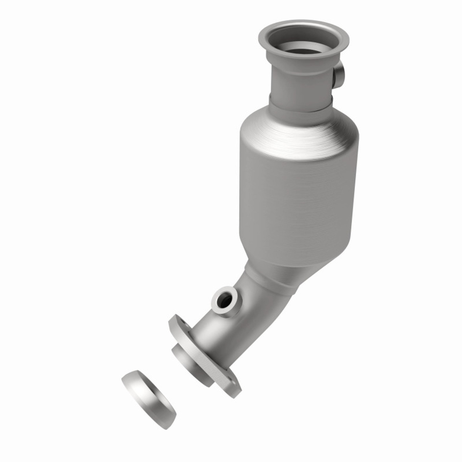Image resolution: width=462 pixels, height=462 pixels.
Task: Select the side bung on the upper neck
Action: pyautogui.click(x=339, y=75)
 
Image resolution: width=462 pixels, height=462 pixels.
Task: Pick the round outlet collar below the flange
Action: pyautogui.click(x=191, y=365)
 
